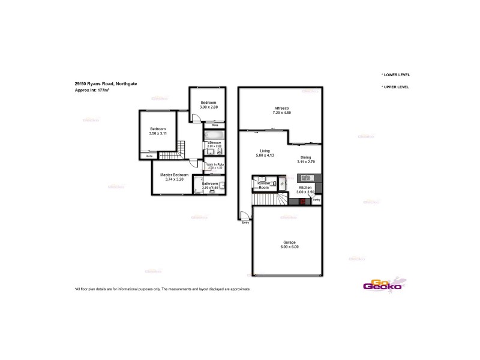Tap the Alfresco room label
(x=281, y=110)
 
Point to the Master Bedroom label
(x=174, y=176)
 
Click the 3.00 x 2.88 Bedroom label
(x=208, y=104)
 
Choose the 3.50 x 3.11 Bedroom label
(x=158, y=131)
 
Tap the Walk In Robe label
(x=215, y=166)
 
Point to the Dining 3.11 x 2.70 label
(x=306, y=160)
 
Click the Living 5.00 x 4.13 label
(x=265, y=153)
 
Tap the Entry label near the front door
(x=245, y=223)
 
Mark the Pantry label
(x=316, y=199)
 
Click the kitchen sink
(x=305, y=178)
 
